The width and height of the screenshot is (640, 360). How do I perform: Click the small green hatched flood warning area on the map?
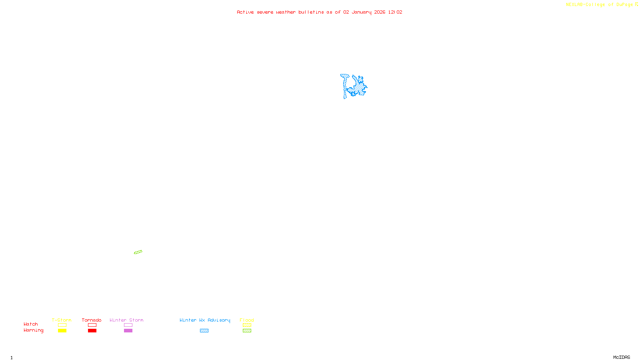[x=138, y=252]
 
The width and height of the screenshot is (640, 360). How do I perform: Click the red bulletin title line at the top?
[x=319, y=12]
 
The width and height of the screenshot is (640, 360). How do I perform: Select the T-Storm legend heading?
[x=62, y=320]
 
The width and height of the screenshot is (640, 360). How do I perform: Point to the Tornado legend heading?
[x=92, y=320]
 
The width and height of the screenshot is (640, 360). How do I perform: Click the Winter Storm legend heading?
[x=126, y=320]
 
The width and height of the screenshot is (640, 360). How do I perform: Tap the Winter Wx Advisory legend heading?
[x=205, y=320]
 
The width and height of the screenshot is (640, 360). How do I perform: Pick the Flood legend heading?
[x=247, y=320]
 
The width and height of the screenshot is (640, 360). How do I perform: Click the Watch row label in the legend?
[x=31, y=324]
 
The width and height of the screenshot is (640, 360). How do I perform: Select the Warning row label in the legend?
[x=33, y=330]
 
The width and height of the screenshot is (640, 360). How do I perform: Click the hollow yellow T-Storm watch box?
[x=62, y=325]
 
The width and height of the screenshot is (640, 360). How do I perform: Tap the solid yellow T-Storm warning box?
[x=62, y=331]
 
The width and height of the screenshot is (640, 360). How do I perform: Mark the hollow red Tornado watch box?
[x=92, y=325]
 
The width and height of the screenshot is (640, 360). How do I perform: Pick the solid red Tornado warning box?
[x=92, y=331]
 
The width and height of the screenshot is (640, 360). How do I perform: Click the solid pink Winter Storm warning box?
[x=128, y=331]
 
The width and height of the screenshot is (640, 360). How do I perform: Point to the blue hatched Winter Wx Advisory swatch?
[x=204, y=331]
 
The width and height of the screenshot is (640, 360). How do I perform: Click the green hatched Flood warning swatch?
[x=247, y=331]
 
